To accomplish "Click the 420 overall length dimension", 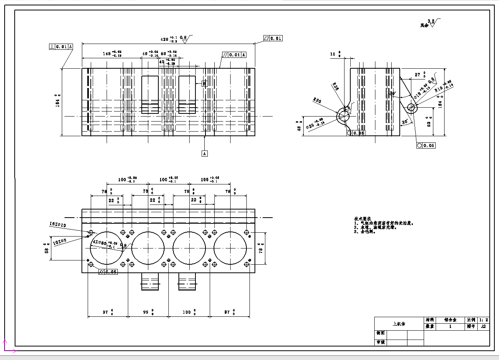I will [165, 39].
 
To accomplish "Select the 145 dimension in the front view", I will [107, 54].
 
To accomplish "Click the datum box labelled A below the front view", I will [205, 154].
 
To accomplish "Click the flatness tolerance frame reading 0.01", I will [273, 38].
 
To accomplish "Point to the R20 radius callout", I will [317, 101].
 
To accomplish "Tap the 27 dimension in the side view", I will [418, 75].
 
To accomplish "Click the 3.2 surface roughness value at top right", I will [431, 21].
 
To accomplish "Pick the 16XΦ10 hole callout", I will [58, 225].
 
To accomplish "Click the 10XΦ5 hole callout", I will [60, 242].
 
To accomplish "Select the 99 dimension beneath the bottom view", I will [146, 312].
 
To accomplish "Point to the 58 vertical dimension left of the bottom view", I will [47, 250].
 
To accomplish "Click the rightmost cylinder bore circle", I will [230, 248].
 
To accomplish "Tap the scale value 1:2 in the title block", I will [484, 320].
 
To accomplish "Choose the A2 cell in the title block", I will [483, 326].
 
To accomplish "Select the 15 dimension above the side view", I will [333, 54].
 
